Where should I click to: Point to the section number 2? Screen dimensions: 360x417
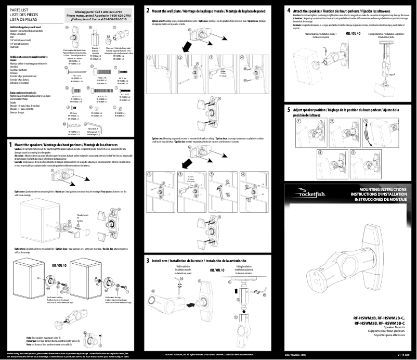click(148, 10)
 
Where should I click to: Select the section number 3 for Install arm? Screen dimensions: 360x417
click(148, 260)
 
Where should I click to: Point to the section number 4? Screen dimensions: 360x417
click(289, 10)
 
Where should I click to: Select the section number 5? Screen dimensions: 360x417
click(289, 110)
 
